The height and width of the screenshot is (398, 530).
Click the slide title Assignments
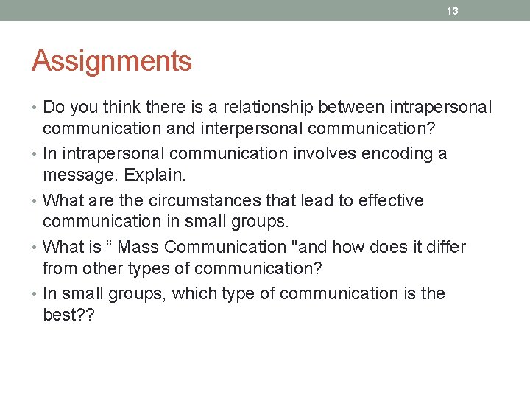pyautogui.click(x=111, y=61)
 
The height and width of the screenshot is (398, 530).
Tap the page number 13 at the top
pyautogui.click(x=453, y=10)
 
